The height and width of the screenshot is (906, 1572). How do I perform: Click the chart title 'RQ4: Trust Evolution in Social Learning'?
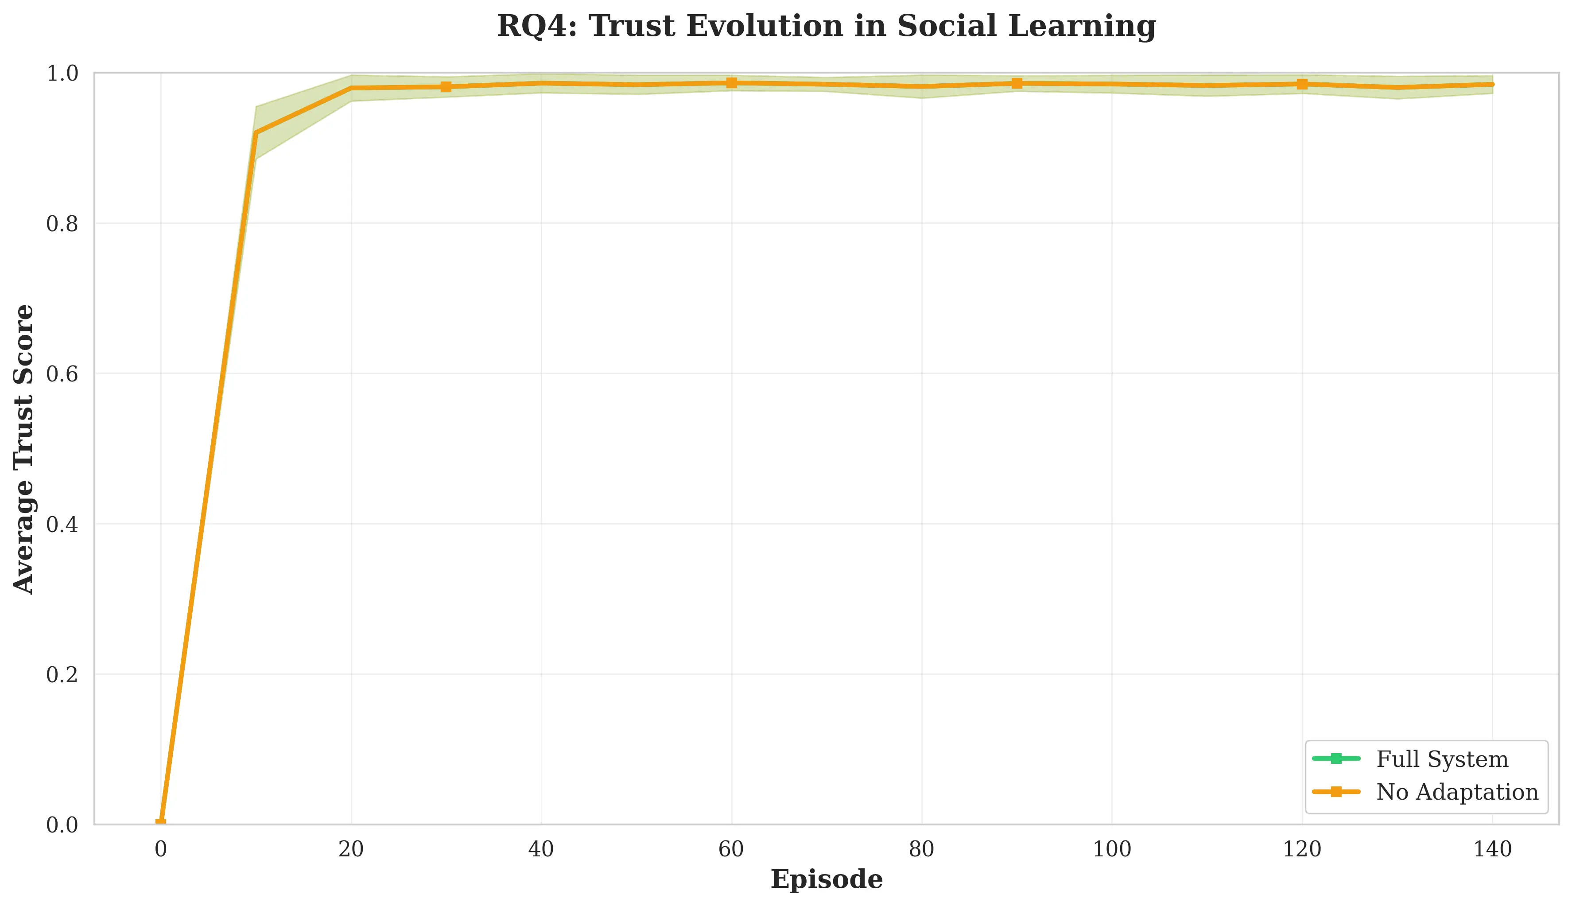coord(826,27)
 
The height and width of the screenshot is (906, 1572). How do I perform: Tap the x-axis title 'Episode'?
coord(826,880)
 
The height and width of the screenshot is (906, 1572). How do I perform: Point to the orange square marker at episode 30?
coord(446,86)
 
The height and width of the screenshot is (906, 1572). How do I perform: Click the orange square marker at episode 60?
coord(732,83)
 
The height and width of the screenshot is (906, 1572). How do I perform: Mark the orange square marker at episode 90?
coord(1017,83)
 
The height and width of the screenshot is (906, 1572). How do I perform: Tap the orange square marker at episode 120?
coord(1302,84)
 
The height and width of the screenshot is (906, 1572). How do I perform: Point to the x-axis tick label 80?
coord(921,849)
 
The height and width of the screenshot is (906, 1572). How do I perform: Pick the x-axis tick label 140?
coord(1492,849)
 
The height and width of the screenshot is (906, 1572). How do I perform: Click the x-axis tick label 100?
coord(1112,849)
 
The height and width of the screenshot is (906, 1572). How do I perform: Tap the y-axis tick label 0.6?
coord(62,374)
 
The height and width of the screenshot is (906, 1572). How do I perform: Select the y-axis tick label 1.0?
coord(62,74)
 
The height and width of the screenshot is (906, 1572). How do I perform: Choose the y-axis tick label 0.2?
coord(62,675)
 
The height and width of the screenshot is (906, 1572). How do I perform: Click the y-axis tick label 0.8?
coord(62,223)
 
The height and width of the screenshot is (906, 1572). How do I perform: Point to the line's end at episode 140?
coord(1492,85)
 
